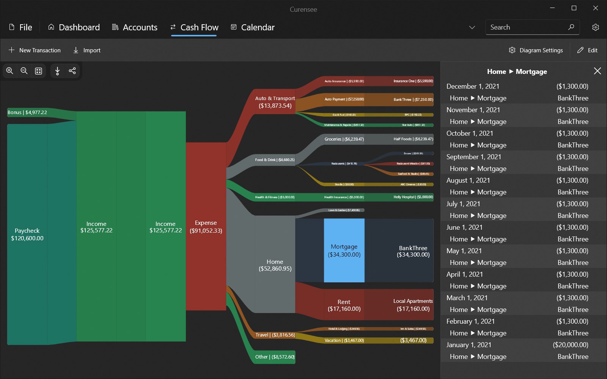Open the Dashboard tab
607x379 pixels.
point(74,27)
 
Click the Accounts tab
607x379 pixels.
point(135,27)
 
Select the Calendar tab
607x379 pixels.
point(253,27)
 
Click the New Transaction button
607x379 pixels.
point(35,50)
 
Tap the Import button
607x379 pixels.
point(87,50)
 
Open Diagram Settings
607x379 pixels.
point(536,50)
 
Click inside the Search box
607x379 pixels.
point(527,27)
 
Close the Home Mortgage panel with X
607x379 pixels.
point(597,71)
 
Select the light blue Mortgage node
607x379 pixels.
point(344,250)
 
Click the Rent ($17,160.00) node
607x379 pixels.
point(344,305)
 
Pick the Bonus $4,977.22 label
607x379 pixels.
point(27,112)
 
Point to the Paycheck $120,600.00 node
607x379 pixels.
point(27,234)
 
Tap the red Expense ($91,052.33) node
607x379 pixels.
point(206,227)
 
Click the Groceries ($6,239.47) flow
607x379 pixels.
point(344,139)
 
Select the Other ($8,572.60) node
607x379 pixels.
point(275,357)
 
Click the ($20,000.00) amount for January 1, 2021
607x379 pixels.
point(570,345)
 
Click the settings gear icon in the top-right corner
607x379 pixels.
point(595,27)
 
